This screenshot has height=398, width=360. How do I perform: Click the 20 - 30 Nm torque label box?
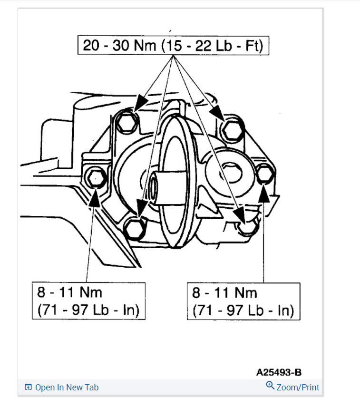pyautogui.click(x=173, y=46)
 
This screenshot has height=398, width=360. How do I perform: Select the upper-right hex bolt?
pyautogui.click(x=233, y=127)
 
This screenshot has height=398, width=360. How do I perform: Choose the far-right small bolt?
pyautogui.click(x=264, y=174)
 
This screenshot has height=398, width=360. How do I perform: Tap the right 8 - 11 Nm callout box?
pyautogui.click(x=243, y=301)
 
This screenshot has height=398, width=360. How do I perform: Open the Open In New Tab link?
pyautogui.click(x=67, y=388)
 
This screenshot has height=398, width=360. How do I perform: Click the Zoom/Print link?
pyautogui.click(x=298, y=388)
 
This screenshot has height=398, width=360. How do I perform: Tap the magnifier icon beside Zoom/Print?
pyautogui.click(x=270, y=386)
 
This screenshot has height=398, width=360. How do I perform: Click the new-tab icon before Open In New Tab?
pyautogui.click(x=29, y=388)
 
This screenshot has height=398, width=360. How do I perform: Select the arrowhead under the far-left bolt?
pyautogui.click(x=94, y=196)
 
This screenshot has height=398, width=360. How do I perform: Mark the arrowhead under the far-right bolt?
pyautogui.click(x=264, y=192)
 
